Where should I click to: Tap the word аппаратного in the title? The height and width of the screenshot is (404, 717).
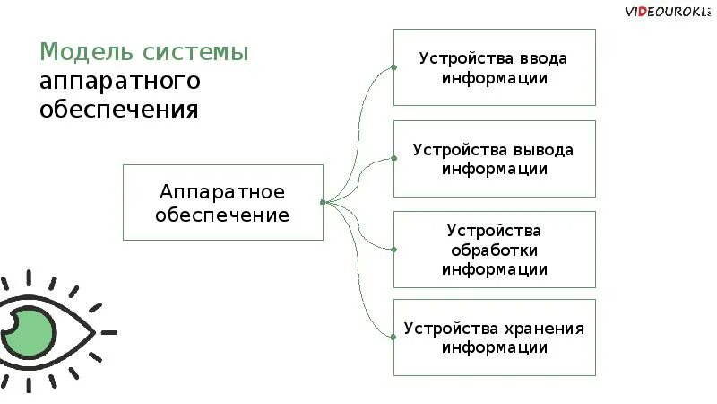click(x=118, y=81)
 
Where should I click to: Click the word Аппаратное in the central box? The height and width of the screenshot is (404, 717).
click(x=222, y=191)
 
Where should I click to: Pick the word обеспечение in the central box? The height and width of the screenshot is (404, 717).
click(x=222, y=215)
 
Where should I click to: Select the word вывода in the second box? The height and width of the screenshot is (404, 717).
click(x=543, y=149)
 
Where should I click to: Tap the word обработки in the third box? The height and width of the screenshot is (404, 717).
click(x=495, y=250)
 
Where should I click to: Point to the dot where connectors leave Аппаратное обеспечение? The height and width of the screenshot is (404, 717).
click(x=323, y=202)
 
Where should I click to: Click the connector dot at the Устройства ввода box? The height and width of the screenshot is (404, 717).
click(x=393, y=67)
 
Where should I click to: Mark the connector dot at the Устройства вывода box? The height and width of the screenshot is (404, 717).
click(x=393, y=158)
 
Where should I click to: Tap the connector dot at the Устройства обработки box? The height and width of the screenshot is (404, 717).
click(x=393, y=249)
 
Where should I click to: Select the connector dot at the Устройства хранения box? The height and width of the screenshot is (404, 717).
click(x=393, y=337)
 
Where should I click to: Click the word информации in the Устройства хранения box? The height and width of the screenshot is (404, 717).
click(x=494, y=347)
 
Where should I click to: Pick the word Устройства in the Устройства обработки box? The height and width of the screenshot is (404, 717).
click(x=495, y=230)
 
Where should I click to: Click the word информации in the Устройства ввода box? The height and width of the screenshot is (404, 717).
click(x=494, y=77)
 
